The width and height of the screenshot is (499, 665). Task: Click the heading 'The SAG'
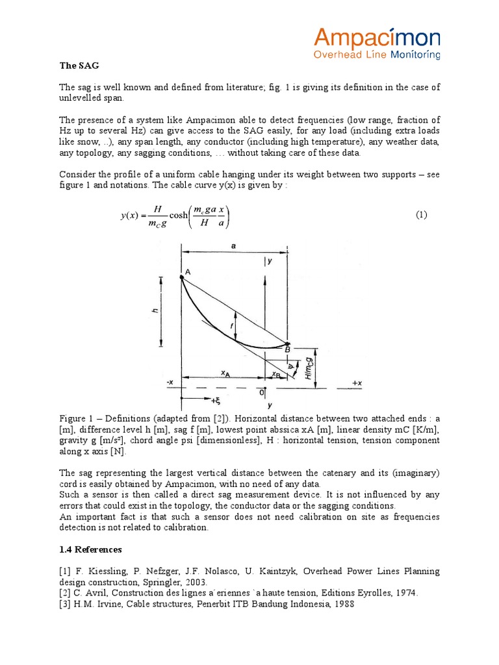coord(79,66)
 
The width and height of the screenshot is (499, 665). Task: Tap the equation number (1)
coord(421,215)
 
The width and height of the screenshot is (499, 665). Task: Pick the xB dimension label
coord(277,374)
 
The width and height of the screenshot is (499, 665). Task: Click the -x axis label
coord(170,383)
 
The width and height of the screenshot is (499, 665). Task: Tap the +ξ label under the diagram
coord(196,401)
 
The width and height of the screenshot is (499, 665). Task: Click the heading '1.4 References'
coord(90,549)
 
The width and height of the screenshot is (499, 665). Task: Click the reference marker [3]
coord(66,603)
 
